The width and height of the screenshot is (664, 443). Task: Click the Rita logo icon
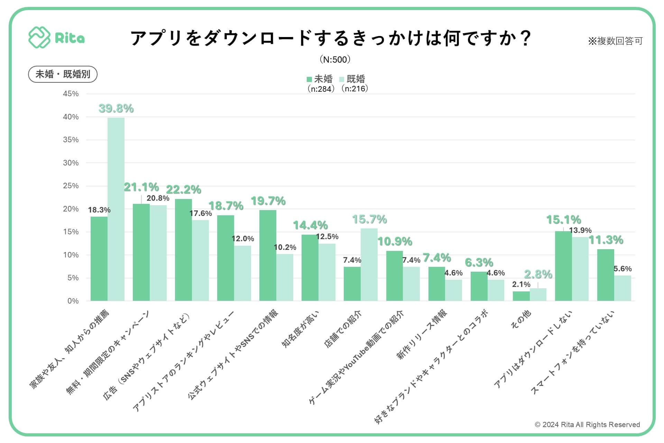[39, 37]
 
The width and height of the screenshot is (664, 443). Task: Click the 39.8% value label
[116, 108]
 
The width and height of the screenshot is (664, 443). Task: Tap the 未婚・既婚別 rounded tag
[63, 74]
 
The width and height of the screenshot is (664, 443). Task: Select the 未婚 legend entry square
[309, 79]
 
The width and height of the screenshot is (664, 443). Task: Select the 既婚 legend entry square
[342, 79]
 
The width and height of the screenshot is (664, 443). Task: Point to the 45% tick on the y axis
[71, 94]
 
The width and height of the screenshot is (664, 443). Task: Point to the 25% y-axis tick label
[71, 186]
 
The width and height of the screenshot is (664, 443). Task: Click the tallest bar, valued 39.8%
[116, 209]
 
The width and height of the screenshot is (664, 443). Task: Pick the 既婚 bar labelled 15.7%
[369, 264]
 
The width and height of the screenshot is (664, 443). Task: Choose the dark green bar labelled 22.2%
[183, 250]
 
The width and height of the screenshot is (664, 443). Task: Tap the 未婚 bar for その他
[521, 296]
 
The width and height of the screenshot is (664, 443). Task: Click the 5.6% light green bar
[622, 288]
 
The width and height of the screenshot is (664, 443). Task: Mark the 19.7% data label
[268, 201]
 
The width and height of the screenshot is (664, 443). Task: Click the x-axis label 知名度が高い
[300, 329]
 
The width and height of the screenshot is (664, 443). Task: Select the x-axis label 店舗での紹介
[343, 329]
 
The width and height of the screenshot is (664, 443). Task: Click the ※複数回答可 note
[615, 41]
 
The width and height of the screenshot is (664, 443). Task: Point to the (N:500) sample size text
[335, 60]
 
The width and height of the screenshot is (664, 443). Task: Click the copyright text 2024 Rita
[587, 425]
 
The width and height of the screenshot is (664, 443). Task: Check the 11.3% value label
[606, 240]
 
